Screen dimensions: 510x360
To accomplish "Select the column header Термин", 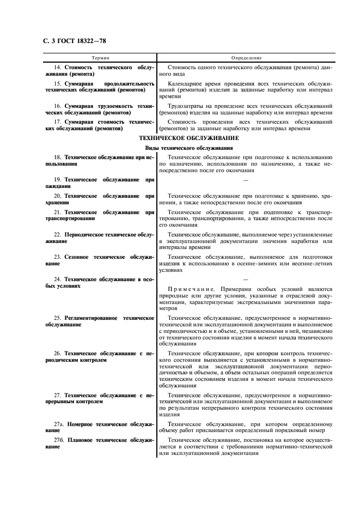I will tap(100, 57).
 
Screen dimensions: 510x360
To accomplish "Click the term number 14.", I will tap(57, 67).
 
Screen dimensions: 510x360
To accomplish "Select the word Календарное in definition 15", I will tap(184, 83).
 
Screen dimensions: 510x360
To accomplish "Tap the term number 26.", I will tap(57, 353).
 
